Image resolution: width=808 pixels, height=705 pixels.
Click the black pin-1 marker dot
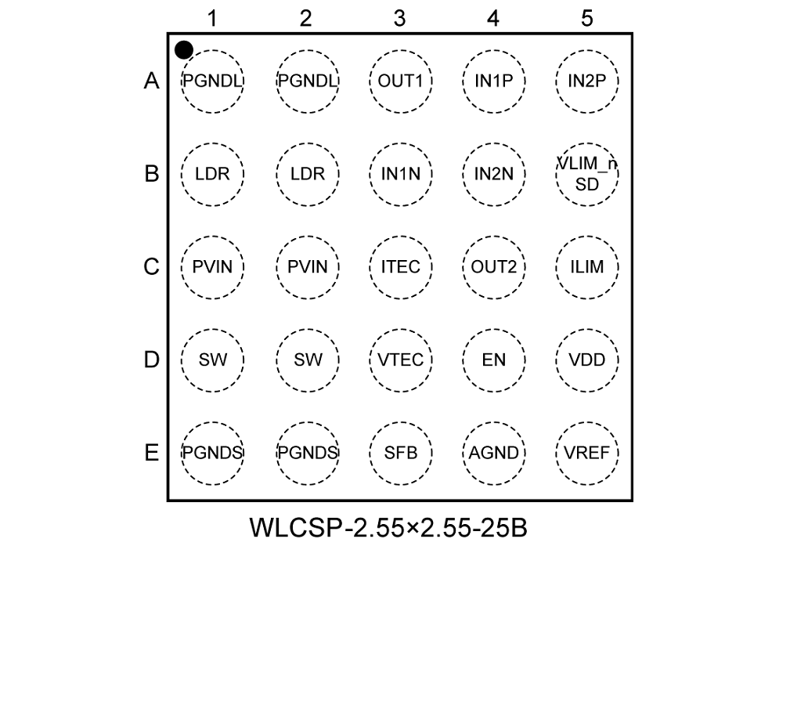click(183, 50)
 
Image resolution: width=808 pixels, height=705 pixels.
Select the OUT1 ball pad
click(400, 81)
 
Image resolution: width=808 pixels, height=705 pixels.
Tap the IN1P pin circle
click(493, 81)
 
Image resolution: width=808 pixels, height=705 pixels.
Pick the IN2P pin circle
click(587, 81)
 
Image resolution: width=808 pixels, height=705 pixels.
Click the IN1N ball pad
click(400, 174)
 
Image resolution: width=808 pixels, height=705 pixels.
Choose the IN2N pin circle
click(493, 174)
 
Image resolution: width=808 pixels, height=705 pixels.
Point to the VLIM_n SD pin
click(587, 174)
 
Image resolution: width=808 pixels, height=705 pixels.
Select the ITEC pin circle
click(400, 267)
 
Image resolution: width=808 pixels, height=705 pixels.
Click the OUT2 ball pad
click(493, 267)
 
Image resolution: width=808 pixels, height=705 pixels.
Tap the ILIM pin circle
click(587, 267)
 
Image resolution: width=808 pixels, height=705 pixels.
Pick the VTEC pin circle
click(400, 360)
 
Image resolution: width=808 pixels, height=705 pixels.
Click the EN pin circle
click(493, 360)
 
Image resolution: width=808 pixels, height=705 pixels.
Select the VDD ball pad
click(587, 360)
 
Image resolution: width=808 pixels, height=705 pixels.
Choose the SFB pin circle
click(400, 453)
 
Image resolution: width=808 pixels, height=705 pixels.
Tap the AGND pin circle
click(493, 453)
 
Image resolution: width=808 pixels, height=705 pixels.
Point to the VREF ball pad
click(587, 453)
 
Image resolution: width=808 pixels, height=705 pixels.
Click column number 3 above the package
click(399, 18)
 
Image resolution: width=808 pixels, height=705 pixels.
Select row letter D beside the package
click(151, 360)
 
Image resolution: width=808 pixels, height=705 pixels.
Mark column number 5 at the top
click(587, 18)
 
